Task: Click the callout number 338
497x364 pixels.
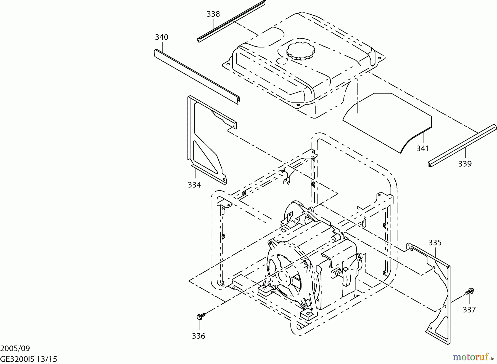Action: click(x=213, y=14)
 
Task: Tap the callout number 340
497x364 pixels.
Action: click(x=162, y=37)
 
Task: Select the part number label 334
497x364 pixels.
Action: click(x=194, y=185)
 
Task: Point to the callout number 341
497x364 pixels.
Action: click(x=422, y=149)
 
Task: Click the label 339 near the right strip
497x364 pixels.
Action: click(x=465, y=164)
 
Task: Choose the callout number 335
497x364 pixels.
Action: click(x=435, y=243)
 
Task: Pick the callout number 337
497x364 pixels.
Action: click(x=469, y=310)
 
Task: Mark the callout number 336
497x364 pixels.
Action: click(x=199, y=336)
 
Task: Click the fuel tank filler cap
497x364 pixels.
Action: click(x=300, y=52)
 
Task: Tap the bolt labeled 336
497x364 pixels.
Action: click(x=201, y=316)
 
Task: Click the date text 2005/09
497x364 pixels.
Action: click(x=15, y=349)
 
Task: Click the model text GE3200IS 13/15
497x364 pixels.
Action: click(x=29, y=359)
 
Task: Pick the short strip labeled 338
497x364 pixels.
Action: click(x=232, y=22)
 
